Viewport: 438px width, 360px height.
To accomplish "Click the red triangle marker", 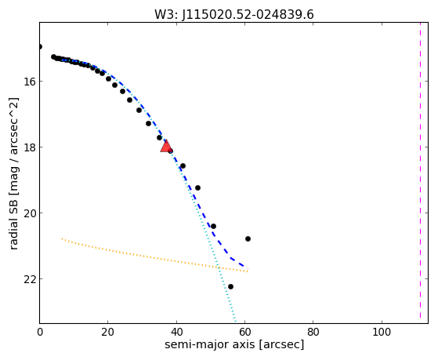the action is [166, 147].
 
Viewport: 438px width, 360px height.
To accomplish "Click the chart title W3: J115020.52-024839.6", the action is [234, 15].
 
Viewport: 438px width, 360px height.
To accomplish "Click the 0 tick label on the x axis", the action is [40, 332].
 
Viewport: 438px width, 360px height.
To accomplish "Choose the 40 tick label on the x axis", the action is [176, 332].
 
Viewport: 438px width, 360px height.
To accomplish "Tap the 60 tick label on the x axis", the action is [244, 332].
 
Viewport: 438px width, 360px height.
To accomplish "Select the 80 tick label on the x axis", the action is [313, 332].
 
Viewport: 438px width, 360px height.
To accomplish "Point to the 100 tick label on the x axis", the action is [382, 332].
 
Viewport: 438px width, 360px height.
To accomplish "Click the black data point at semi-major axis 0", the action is [40, 46].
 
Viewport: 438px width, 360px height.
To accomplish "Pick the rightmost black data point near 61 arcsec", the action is [248, 238].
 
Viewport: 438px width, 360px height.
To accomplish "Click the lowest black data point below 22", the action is [230, 286].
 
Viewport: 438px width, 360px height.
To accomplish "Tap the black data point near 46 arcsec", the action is [197, 187].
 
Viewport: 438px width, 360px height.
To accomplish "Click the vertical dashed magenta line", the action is [420, 171].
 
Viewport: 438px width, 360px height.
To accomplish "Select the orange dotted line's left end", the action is [62, 238].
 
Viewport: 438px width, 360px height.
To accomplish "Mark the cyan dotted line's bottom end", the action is [235, 322].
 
